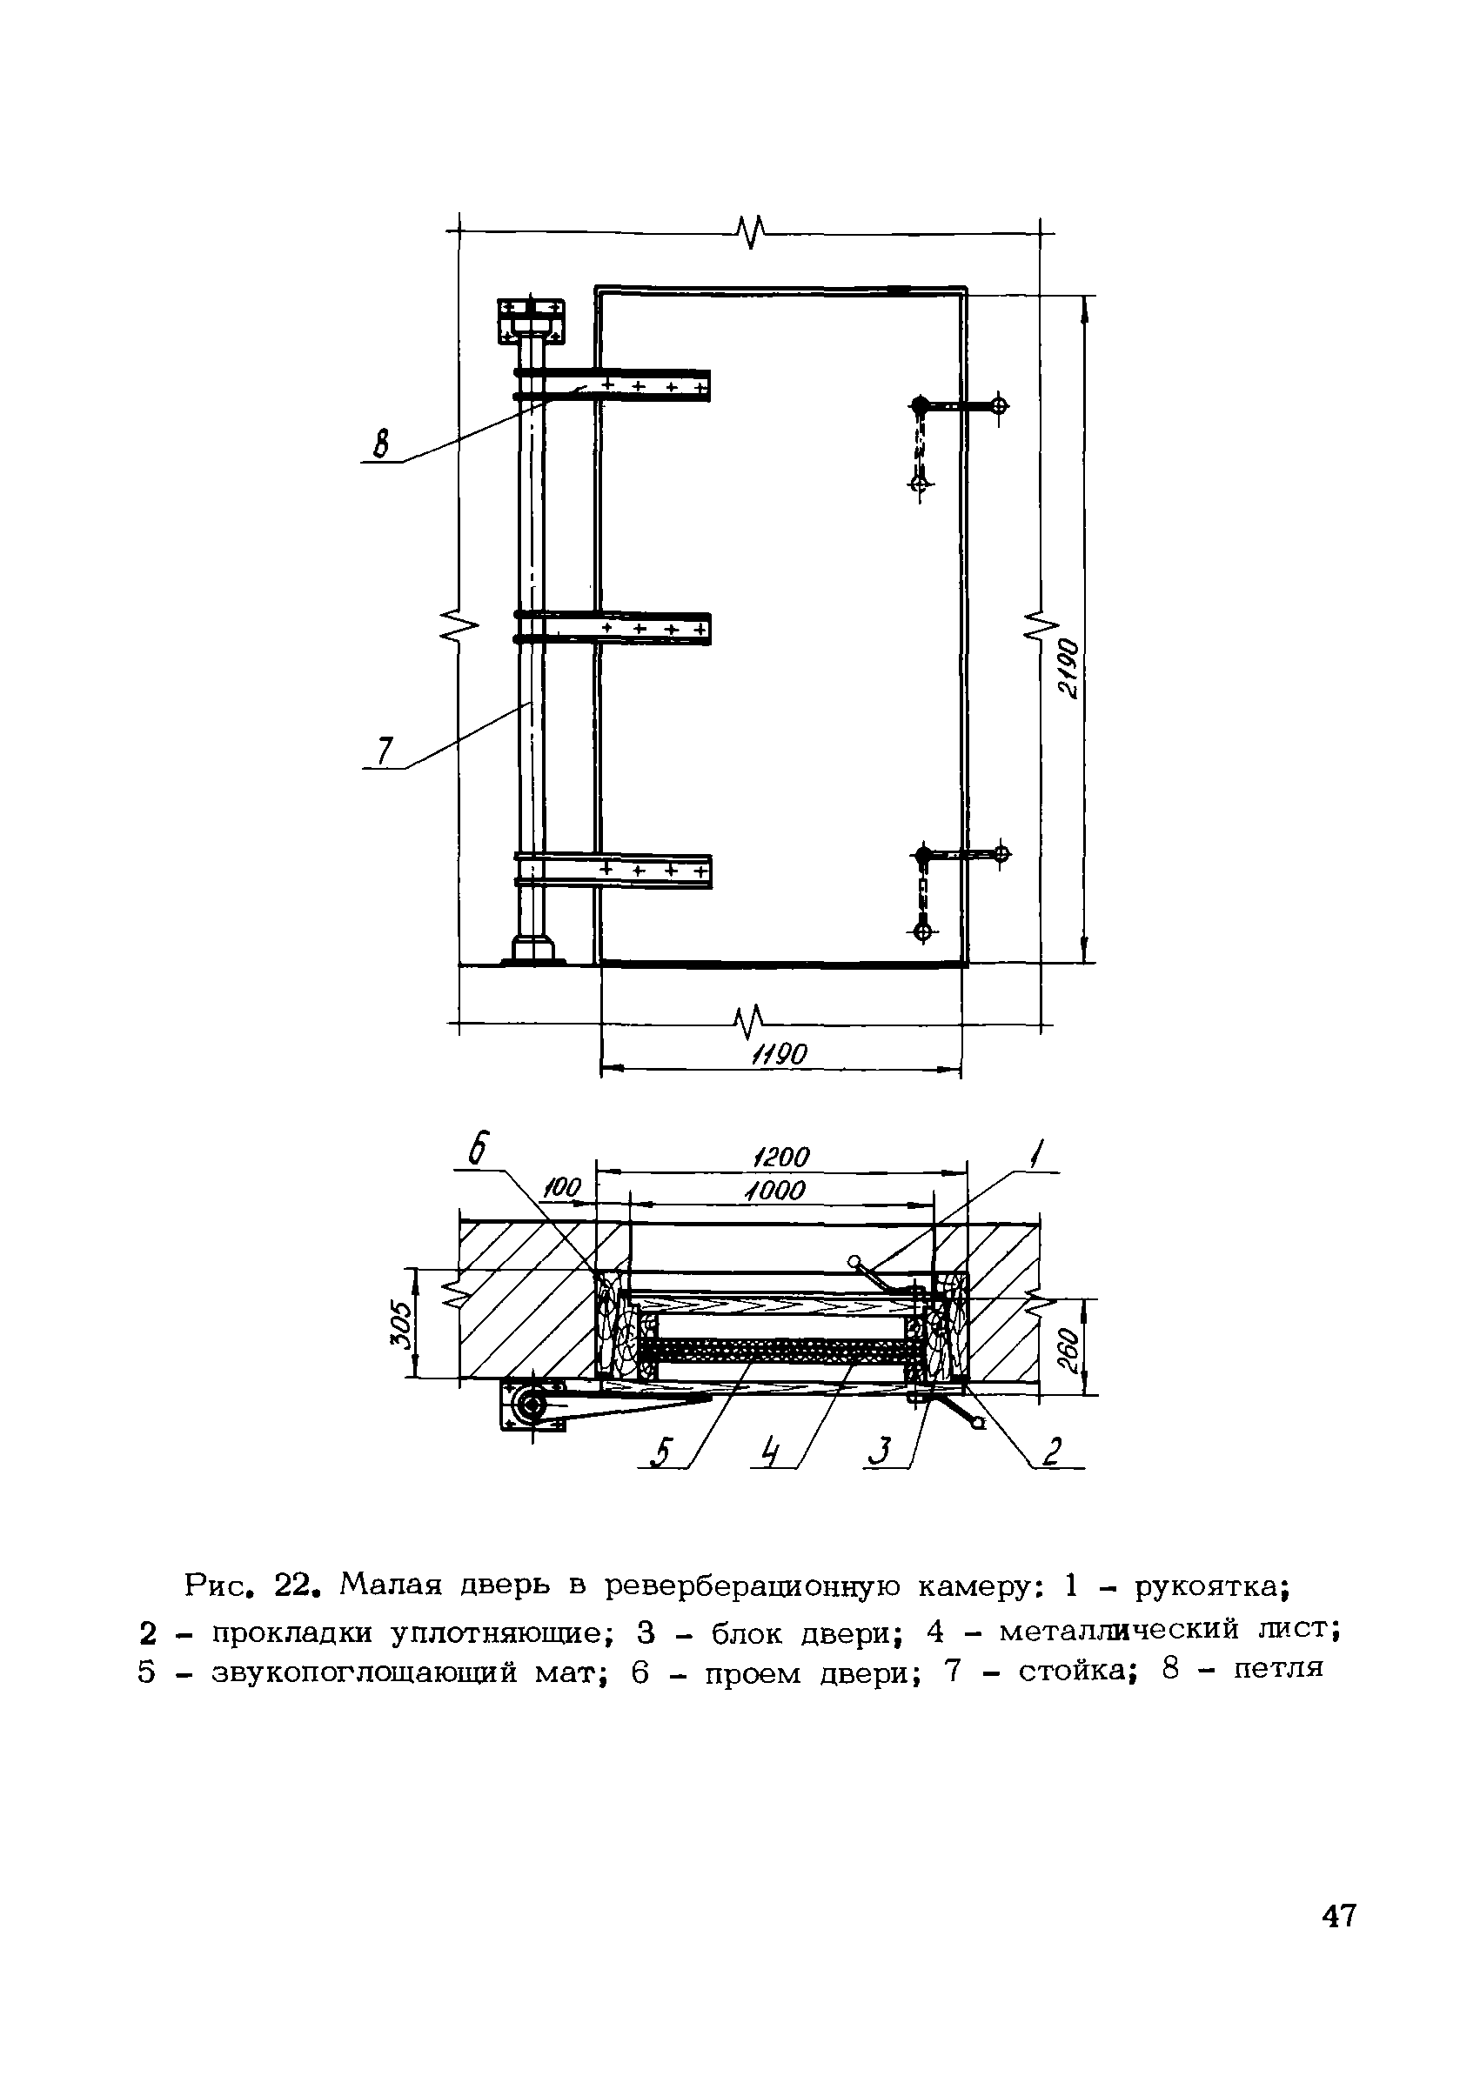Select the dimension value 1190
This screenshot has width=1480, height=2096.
tap(779, 1055)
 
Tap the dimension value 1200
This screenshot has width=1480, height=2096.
tap(781, 1158)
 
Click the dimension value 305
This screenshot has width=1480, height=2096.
tap(400, 1324)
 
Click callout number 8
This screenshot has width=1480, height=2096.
tap(381, 445)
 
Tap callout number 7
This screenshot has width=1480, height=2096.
tap(385, 751)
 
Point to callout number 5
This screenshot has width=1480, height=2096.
tap(664, 1452)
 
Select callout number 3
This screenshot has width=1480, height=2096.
tap(881, 1452)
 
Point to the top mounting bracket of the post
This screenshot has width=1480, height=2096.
tap(530, 319)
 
